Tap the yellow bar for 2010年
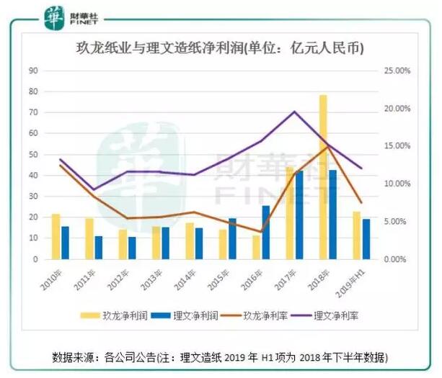tap(56, 236)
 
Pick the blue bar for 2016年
tap(266, 232)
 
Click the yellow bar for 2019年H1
tap(356, 235)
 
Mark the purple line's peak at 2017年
tap(294, 112)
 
